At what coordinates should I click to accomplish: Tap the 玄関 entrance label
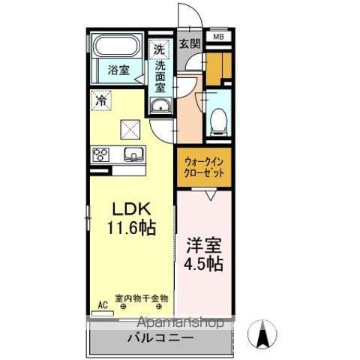point(190,44)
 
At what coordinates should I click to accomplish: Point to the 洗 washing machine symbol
point(159,49)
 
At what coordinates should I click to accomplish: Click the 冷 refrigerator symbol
point(101,98)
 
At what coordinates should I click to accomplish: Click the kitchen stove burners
point(101,154)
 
